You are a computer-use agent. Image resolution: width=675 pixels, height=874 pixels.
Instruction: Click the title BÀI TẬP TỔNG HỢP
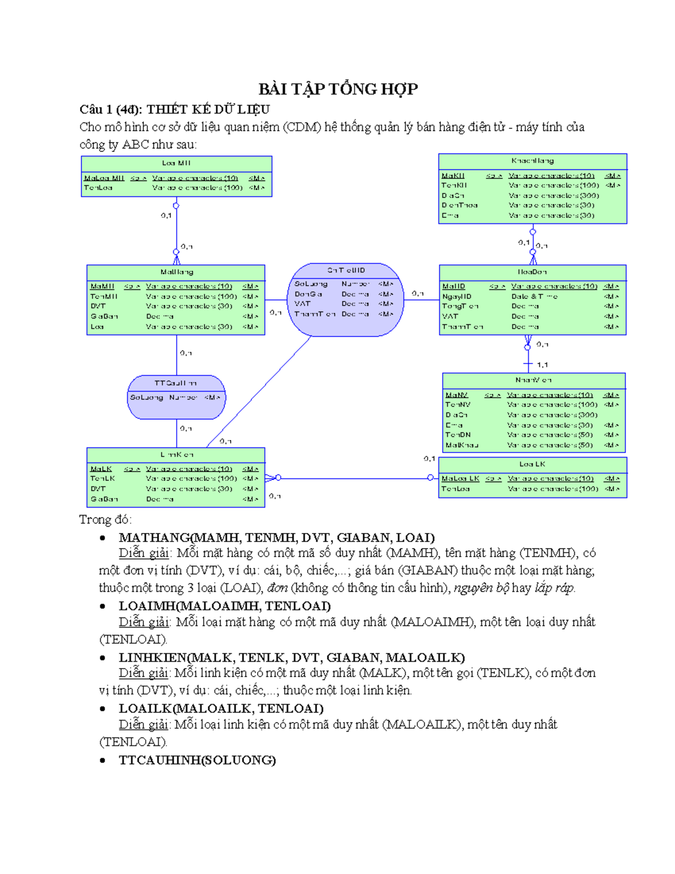tap(337, 89)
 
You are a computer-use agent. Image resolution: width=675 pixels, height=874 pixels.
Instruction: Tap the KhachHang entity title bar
tap(532, 161)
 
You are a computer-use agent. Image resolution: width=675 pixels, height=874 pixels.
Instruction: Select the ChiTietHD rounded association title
tap(346, 271)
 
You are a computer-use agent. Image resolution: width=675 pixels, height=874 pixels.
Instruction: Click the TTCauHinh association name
tap(175, 383)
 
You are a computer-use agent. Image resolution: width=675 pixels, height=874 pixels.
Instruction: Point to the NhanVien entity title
tap(533, 380)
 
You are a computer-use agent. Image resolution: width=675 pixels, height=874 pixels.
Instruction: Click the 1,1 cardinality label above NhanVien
tap(542, 365)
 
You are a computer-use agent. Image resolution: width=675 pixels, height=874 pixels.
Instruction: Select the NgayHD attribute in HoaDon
tap(457, 297)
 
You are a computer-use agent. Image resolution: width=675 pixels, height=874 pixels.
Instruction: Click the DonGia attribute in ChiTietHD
tap(308, 294)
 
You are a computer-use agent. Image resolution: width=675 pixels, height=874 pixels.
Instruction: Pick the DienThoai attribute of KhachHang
tap(460, 205)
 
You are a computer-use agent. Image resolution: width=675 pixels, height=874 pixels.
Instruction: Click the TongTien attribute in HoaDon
tap(460, 306)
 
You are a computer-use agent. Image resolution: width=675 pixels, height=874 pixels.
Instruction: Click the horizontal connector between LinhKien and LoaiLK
tap(354, 478)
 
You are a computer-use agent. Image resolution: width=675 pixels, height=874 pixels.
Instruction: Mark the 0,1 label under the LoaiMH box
tap(166, 216)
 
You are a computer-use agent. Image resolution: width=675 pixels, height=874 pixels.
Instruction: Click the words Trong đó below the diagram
tap(105, 519)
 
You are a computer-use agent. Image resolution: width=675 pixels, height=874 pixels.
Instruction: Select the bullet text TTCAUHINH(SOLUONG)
tap(197, 760)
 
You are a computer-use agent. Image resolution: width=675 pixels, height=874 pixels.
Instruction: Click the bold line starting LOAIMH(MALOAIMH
tap(224, 606)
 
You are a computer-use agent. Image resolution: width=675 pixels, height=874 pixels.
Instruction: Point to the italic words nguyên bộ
tap(481, 588)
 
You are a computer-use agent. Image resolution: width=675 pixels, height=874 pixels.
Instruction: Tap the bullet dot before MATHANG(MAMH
tap(102, 538)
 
